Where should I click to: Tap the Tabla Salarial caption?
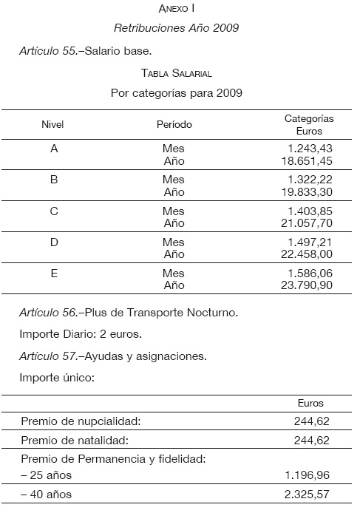pyautogui.click(x=176, y=73)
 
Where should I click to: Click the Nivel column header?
pyautogui.click(x=53, y=124)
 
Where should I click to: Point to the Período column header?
pyautogui.click(x=174, y=124)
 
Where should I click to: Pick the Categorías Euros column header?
pyautogui.click(x=309, y=124)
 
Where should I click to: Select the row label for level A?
pyautogui.click(x=53, y=149)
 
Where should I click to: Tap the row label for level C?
pyautogui.click(x=53, y=211)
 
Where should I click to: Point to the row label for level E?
pyautogui.click(x=53, y=273)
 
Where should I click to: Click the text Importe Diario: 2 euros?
pyautogui.click(x=80, y=334)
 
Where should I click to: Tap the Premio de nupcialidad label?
pyautogui.click(x=81, y=421)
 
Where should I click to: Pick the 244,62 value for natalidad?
pyautogui.click(x=311, y=441)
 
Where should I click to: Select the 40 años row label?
pyautogui.click(x=47, y=495)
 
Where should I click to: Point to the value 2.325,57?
pyautogui.click(x=306, y=495)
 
